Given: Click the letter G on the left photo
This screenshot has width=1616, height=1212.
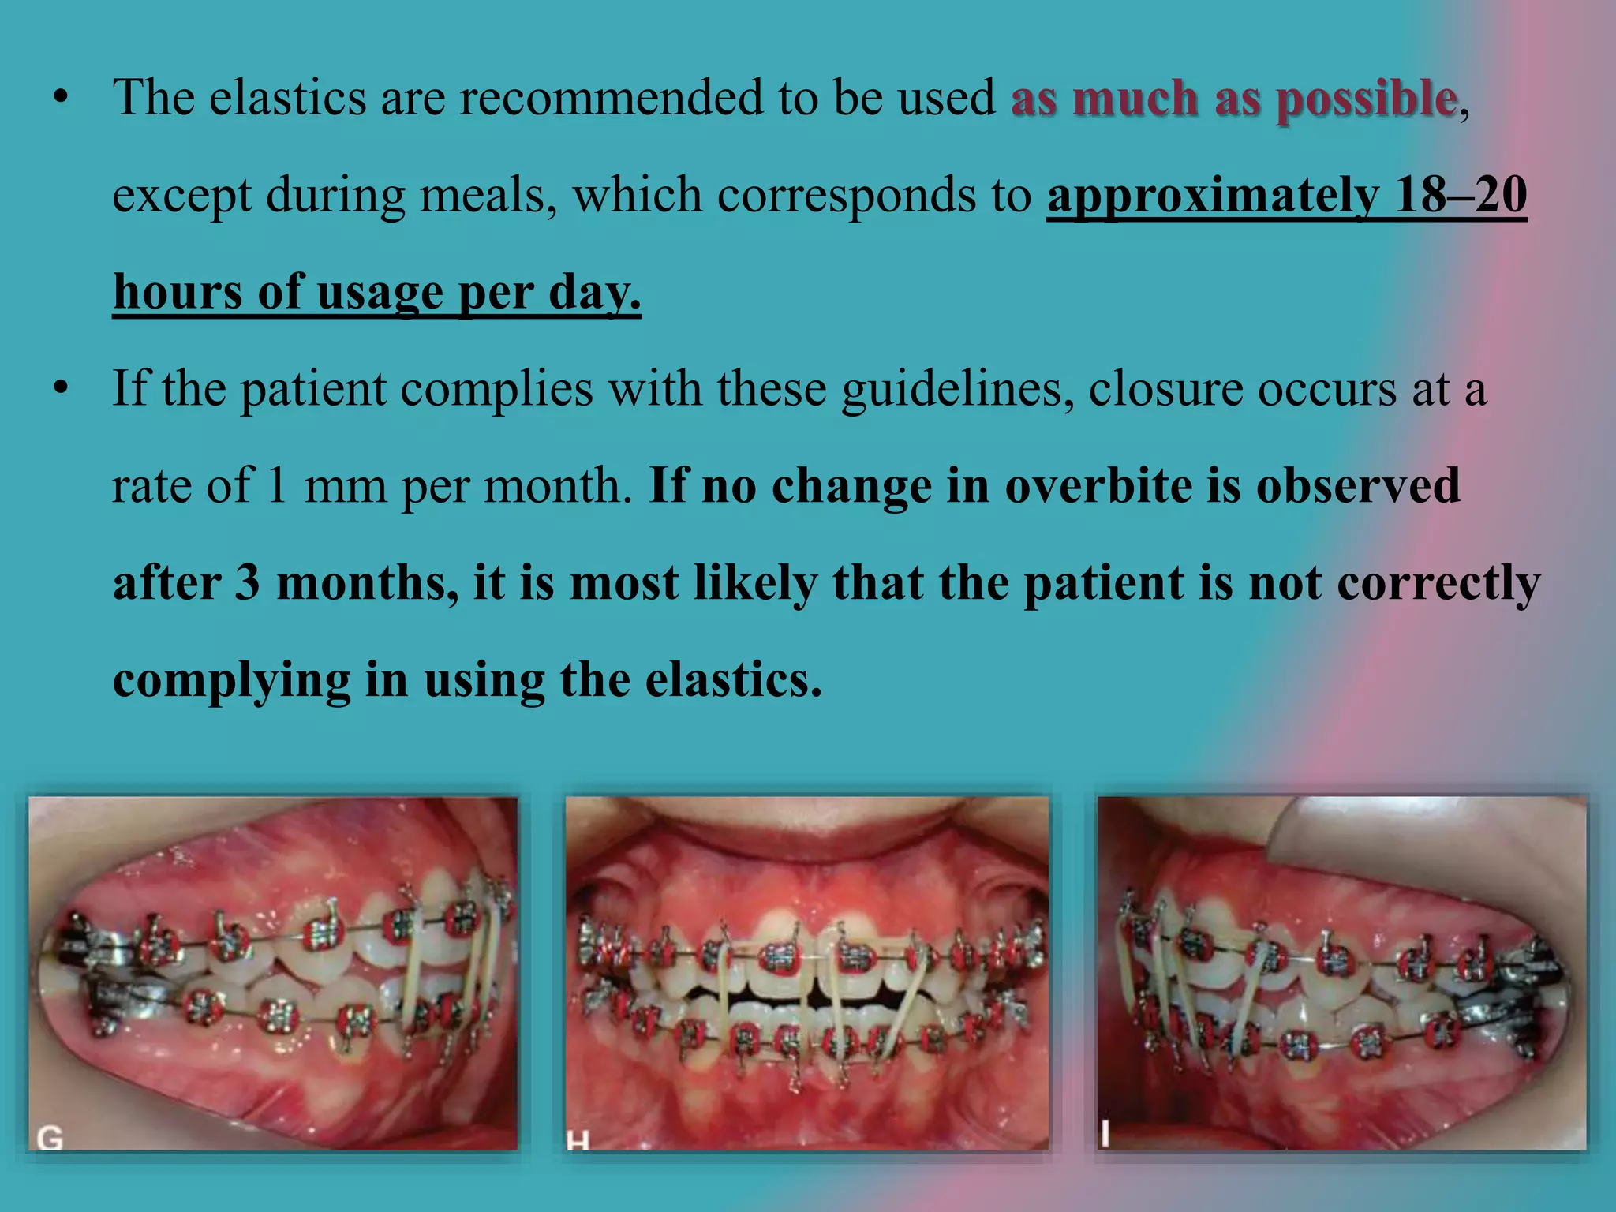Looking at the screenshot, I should [50, 1137].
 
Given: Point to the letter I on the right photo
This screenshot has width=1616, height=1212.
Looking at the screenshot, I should [1105, 1134].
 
